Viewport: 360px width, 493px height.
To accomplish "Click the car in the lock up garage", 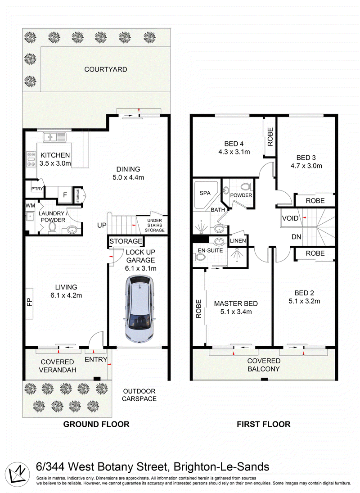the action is coord(140,309).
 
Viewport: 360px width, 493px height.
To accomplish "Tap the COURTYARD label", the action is coord(106,69).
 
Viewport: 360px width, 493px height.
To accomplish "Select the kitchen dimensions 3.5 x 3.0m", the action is coord(55,163).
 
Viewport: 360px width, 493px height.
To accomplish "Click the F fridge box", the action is coord(65,195).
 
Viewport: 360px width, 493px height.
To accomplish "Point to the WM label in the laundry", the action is coord(30,206).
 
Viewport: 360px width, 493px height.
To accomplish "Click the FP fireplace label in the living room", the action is coord(30,303).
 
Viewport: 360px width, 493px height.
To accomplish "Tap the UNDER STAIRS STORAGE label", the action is coord(154,225).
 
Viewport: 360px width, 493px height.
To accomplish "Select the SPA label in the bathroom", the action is coord(205,193).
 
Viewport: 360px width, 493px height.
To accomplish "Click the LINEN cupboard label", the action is coord(238,241).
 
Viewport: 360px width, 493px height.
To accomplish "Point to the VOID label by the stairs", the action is coord(290,218).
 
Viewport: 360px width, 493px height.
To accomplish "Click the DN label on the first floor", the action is coord(296,237).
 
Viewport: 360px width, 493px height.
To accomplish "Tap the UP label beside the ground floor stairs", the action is coord(102,226).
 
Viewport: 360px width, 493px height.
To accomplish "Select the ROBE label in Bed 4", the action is coord(270,137).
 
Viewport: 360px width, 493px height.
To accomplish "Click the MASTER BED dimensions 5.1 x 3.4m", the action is coord(236,312).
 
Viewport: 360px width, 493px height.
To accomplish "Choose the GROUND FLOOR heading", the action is coord(96,424).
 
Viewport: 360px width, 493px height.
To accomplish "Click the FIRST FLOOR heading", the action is coord(264,424).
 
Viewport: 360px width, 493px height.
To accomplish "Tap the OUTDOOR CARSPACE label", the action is coord(139,395).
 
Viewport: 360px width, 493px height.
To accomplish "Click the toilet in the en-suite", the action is coord(200,258).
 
